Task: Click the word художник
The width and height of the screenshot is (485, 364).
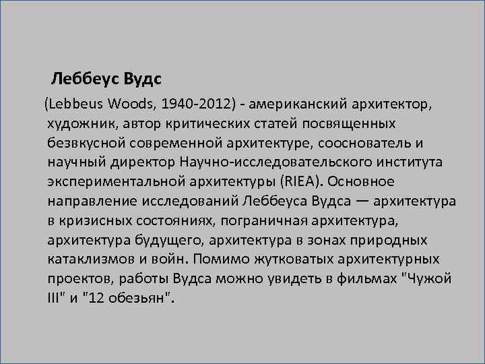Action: [x=78, y=126]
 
